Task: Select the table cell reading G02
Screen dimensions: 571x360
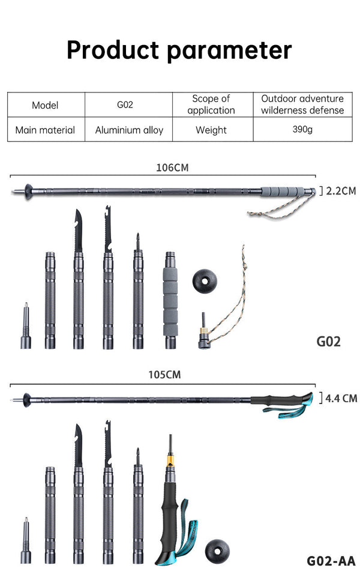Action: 125,105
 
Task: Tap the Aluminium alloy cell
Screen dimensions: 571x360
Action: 129,130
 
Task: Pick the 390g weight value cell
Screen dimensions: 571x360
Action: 302,130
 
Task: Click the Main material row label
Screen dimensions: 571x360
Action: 46,130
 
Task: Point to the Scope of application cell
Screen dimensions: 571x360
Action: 211,104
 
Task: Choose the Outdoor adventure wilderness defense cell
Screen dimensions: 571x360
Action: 302,104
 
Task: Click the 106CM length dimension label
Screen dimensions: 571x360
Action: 172,168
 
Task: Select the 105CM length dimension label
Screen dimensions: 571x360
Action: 164,375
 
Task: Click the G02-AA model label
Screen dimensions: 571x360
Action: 331,561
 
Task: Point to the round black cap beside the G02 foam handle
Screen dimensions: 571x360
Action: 205,280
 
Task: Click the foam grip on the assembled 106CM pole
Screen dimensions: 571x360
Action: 282,192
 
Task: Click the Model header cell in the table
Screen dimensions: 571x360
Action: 46,105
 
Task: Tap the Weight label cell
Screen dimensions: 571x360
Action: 211,130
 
